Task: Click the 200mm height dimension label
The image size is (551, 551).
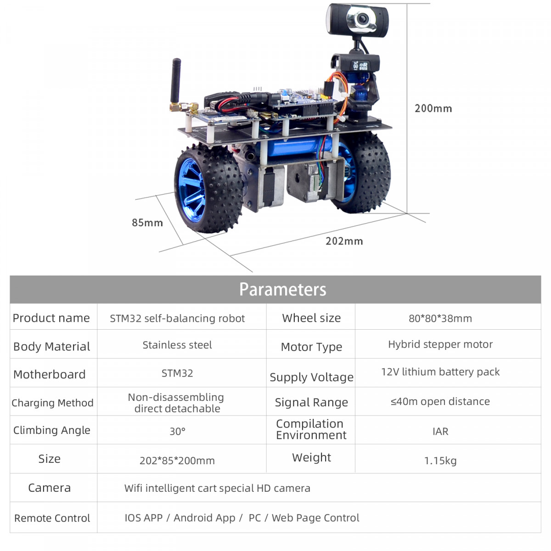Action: tap(433, 108)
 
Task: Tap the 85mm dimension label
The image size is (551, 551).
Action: tap(147, 222)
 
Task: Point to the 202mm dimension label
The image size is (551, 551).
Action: tap(344, 241)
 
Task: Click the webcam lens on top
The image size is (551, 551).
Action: tap(362, 19)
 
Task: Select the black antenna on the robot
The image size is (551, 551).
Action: tap(175, 81)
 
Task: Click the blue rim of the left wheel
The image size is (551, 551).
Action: tap(191, 189)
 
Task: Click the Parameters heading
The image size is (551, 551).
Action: tap(282, 289)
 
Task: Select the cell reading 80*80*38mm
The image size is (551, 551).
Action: tap(440, 318)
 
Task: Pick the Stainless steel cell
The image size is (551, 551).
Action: tap(177, 345)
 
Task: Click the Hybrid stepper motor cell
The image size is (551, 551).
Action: tap(440, 344)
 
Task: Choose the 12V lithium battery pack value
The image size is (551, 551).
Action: tap(440, 372)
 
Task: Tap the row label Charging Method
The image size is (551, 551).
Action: tap(53, 403)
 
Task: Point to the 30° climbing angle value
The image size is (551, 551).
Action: tap(177, 431)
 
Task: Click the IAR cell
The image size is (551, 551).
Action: tap(440, 431)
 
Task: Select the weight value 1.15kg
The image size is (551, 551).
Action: tap(440, 461)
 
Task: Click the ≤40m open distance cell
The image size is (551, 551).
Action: tap(440, 401)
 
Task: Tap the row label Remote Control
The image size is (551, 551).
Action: tap(52, 518)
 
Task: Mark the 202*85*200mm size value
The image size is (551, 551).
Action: tap(177, 461)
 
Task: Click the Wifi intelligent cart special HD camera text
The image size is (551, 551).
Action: tap(217, 488)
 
